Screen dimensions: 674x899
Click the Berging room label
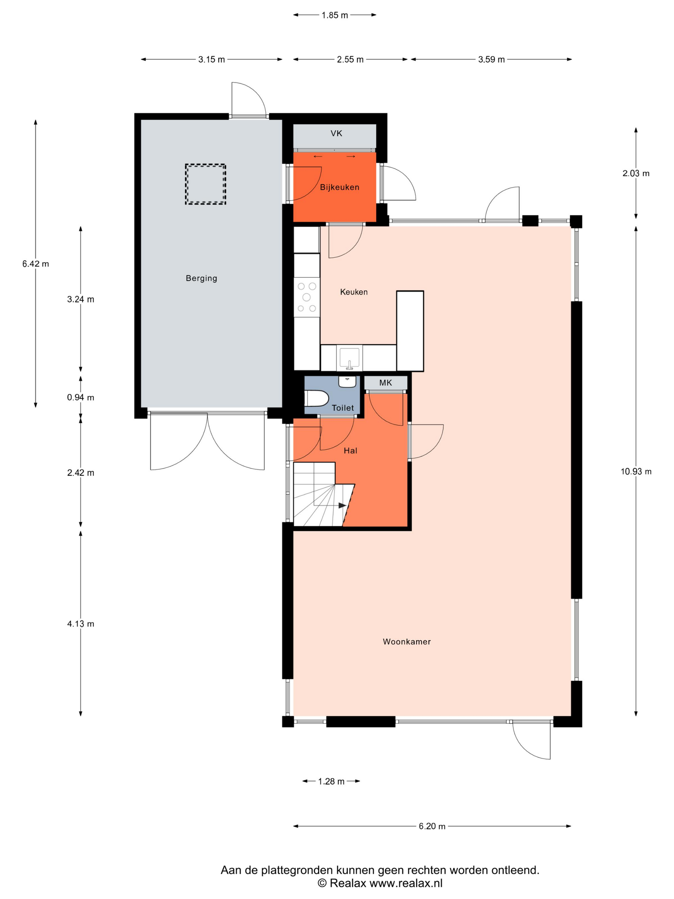click(x=201, y=278)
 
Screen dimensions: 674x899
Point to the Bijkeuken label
click(x=340, y=188)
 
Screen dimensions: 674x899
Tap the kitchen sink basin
click(x=350, y=357)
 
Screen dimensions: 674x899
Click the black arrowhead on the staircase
click(x=342, y=506)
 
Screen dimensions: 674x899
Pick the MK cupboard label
click(x=385, y=382)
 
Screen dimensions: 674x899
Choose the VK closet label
click(x=336, y=133)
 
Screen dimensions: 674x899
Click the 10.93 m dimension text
click(x=636, y=471)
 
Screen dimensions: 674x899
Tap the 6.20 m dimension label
click(x=432, y=826)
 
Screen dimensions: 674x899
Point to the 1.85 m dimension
click(x=335, y=15)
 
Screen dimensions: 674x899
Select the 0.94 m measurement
click(x=81, y=397)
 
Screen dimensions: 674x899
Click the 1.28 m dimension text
click(x=331, y=781)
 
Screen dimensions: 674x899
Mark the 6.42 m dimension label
click(x=36, y=264)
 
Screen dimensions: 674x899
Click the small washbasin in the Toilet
click(x=347, y=382)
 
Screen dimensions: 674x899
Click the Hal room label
click(x=350, y=450)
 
